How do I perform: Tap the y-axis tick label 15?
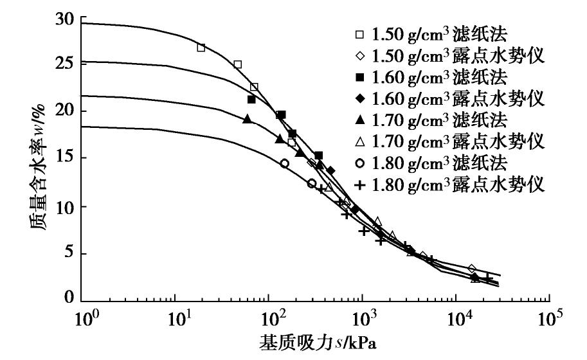(x=66, y=159)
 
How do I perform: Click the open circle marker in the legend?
(x=361, y=162)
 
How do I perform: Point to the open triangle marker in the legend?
(x=361, y=141)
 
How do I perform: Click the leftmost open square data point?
(x=201, y=48)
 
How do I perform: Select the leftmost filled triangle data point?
(x=248, y=119)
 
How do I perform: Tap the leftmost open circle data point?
(x=284, y=164)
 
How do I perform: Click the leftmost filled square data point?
(x=251, y=100)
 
